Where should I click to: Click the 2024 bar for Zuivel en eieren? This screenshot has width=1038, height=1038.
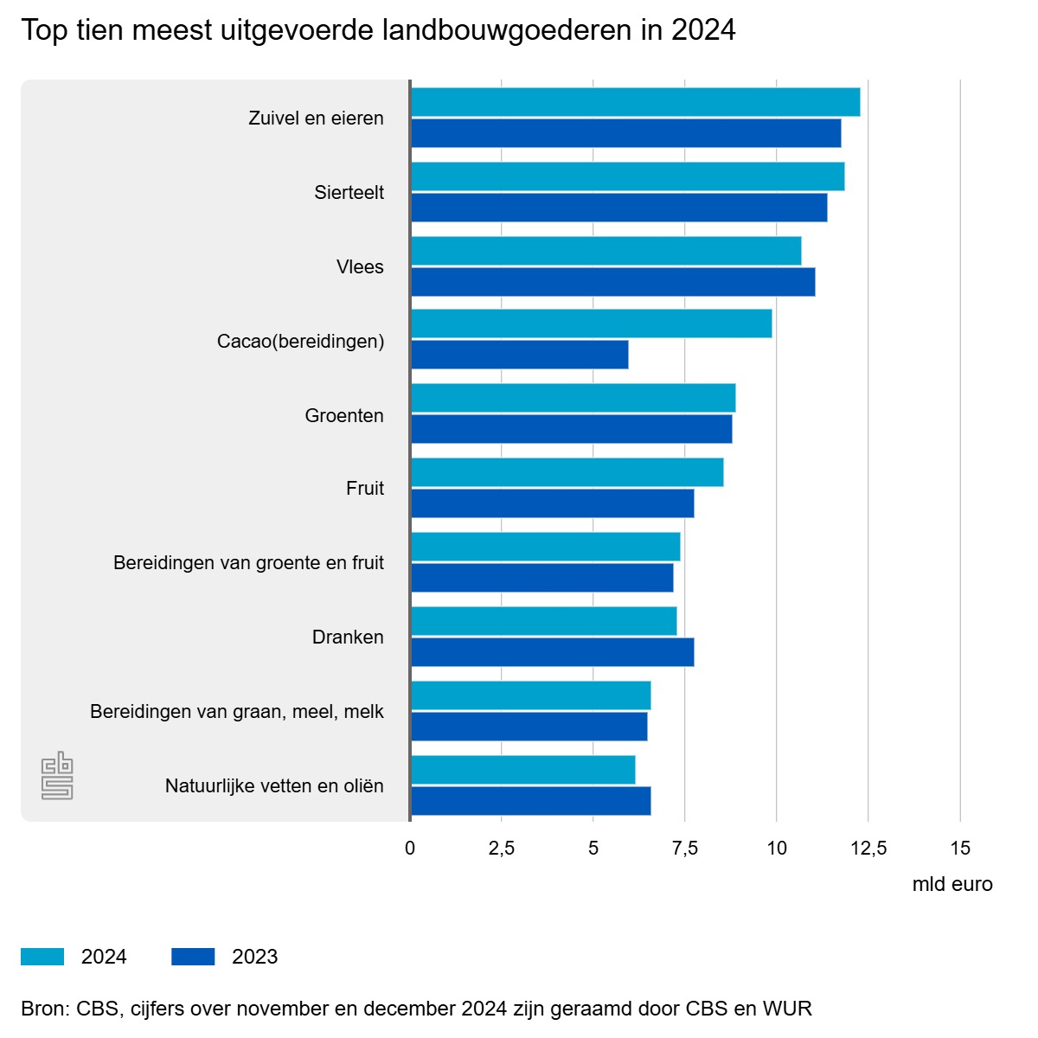(x=635, y=102)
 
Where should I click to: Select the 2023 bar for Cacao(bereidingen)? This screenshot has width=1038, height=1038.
(x=519, y=355)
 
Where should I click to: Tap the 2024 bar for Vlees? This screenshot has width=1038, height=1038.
(x=605, y=251)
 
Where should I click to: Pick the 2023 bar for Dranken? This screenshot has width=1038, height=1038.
(x=552, y=652)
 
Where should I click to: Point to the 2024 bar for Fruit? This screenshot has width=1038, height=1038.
(x=567, y=472)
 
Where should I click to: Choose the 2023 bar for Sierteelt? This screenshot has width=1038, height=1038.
(x=618, y=208)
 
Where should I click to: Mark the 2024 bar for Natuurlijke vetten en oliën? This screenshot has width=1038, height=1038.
(x=522, y=770)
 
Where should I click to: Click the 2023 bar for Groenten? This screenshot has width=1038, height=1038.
(x=571, y=429)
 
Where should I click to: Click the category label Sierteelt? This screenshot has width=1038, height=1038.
(x=349, y=193)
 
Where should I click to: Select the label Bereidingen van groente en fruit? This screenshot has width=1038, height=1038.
(x=248, y=563)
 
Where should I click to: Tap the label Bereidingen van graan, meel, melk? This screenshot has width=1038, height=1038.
(x=236, y=712)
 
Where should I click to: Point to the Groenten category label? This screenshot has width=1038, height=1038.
(x=343, y=416)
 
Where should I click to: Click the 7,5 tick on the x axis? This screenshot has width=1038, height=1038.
(x=685, y=849)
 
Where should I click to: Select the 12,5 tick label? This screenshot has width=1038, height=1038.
(x=868, y=849)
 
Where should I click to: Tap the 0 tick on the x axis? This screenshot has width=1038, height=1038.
(x=410, y=849)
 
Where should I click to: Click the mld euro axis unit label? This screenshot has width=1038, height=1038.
(x=952, y=885)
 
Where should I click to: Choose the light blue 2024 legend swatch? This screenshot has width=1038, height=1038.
(x=42, y=957)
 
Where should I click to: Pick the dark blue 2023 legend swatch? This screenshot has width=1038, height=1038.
(x=193, y=957)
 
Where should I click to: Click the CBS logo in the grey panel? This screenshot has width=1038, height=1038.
(x=57, y=776)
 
